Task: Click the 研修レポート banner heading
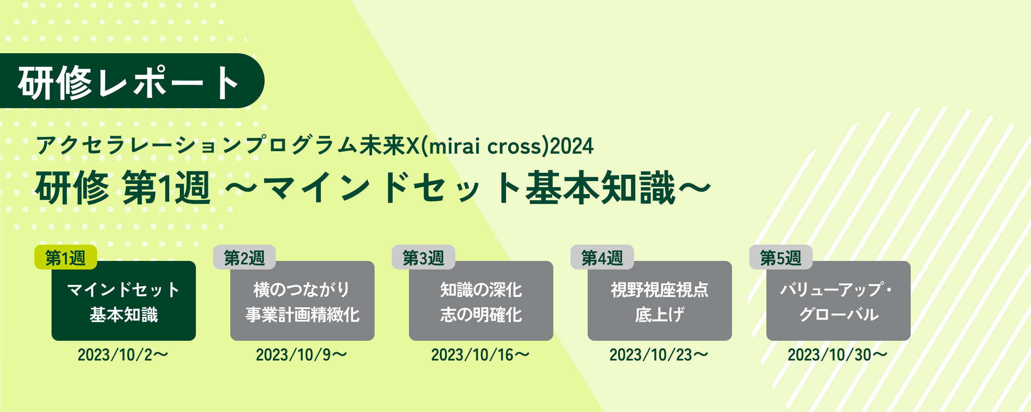[x=128, y=82]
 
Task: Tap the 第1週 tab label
[x=66, y=257]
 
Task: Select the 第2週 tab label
[x=244, y=257]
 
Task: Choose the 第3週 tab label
[x=423, y=257]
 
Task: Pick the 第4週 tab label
[x=602, y=257]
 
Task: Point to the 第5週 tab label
[x=781, y=257]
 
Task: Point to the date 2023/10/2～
[x=123, y=355]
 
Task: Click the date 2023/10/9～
[x=302, y=355]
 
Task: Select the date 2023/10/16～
[x=480, y=355]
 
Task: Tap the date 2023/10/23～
[x=659, y=355]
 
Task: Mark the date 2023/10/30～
[x=838, y=355]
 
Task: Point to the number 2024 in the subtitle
[x=572, y=146]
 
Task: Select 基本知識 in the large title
[x=601, y=187]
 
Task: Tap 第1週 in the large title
[x=167, y=187]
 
